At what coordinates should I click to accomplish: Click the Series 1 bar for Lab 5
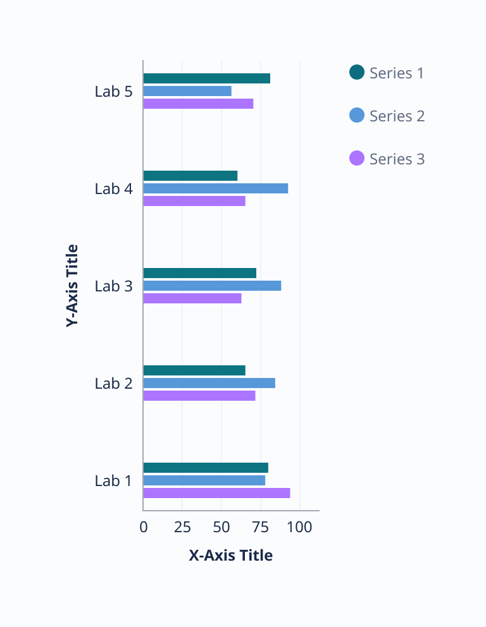pyautogui.click(x=206, y=78)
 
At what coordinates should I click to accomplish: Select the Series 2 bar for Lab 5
pyautogui.click(x=187, y=91)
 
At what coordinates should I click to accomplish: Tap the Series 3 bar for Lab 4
pyautogui.click(x=194, y=201)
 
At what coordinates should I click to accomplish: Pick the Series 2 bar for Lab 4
pyautogui.click(x=216, y=188)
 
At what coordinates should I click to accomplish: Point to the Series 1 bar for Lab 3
pyautogui.click(x=200, y=273)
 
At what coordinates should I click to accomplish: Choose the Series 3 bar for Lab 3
pyautogui.click(x=192, y=298)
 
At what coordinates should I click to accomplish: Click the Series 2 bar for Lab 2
pyautogui.click(x=209, y=383)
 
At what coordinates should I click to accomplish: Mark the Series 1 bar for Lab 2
pyautogui.click(x=194, y=370)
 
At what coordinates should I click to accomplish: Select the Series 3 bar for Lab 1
pyautogui.click(x=216, y=493)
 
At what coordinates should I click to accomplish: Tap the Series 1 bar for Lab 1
pyautogui.click(x=206, y=468)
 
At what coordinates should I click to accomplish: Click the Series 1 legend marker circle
pyautogui.click(x=357, y=73)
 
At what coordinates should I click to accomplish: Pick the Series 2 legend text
pyautogui.click(x=397, y=116)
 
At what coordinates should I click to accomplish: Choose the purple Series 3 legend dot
pyautogui.click(x=357, y=159)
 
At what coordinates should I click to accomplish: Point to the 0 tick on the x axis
pyautogui.click(x=144, y=527)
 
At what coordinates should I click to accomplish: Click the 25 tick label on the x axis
pyautogui.click(x=182, y=527)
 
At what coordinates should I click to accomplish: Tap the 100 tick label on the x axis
pyautogui.click(x=299, y=527)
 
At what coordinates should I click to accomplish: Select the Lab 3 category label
pyautogui.click(x=114, y=286)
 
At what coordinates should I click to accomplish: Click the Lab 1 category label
pyautogui.click(x=114, y=480)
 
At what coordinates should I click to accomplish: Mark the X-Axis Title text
pyautogui.click(x=231, y=556)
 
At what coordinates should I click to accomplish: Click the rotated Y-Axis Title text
pyautogui.click(x=73, y=285)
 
